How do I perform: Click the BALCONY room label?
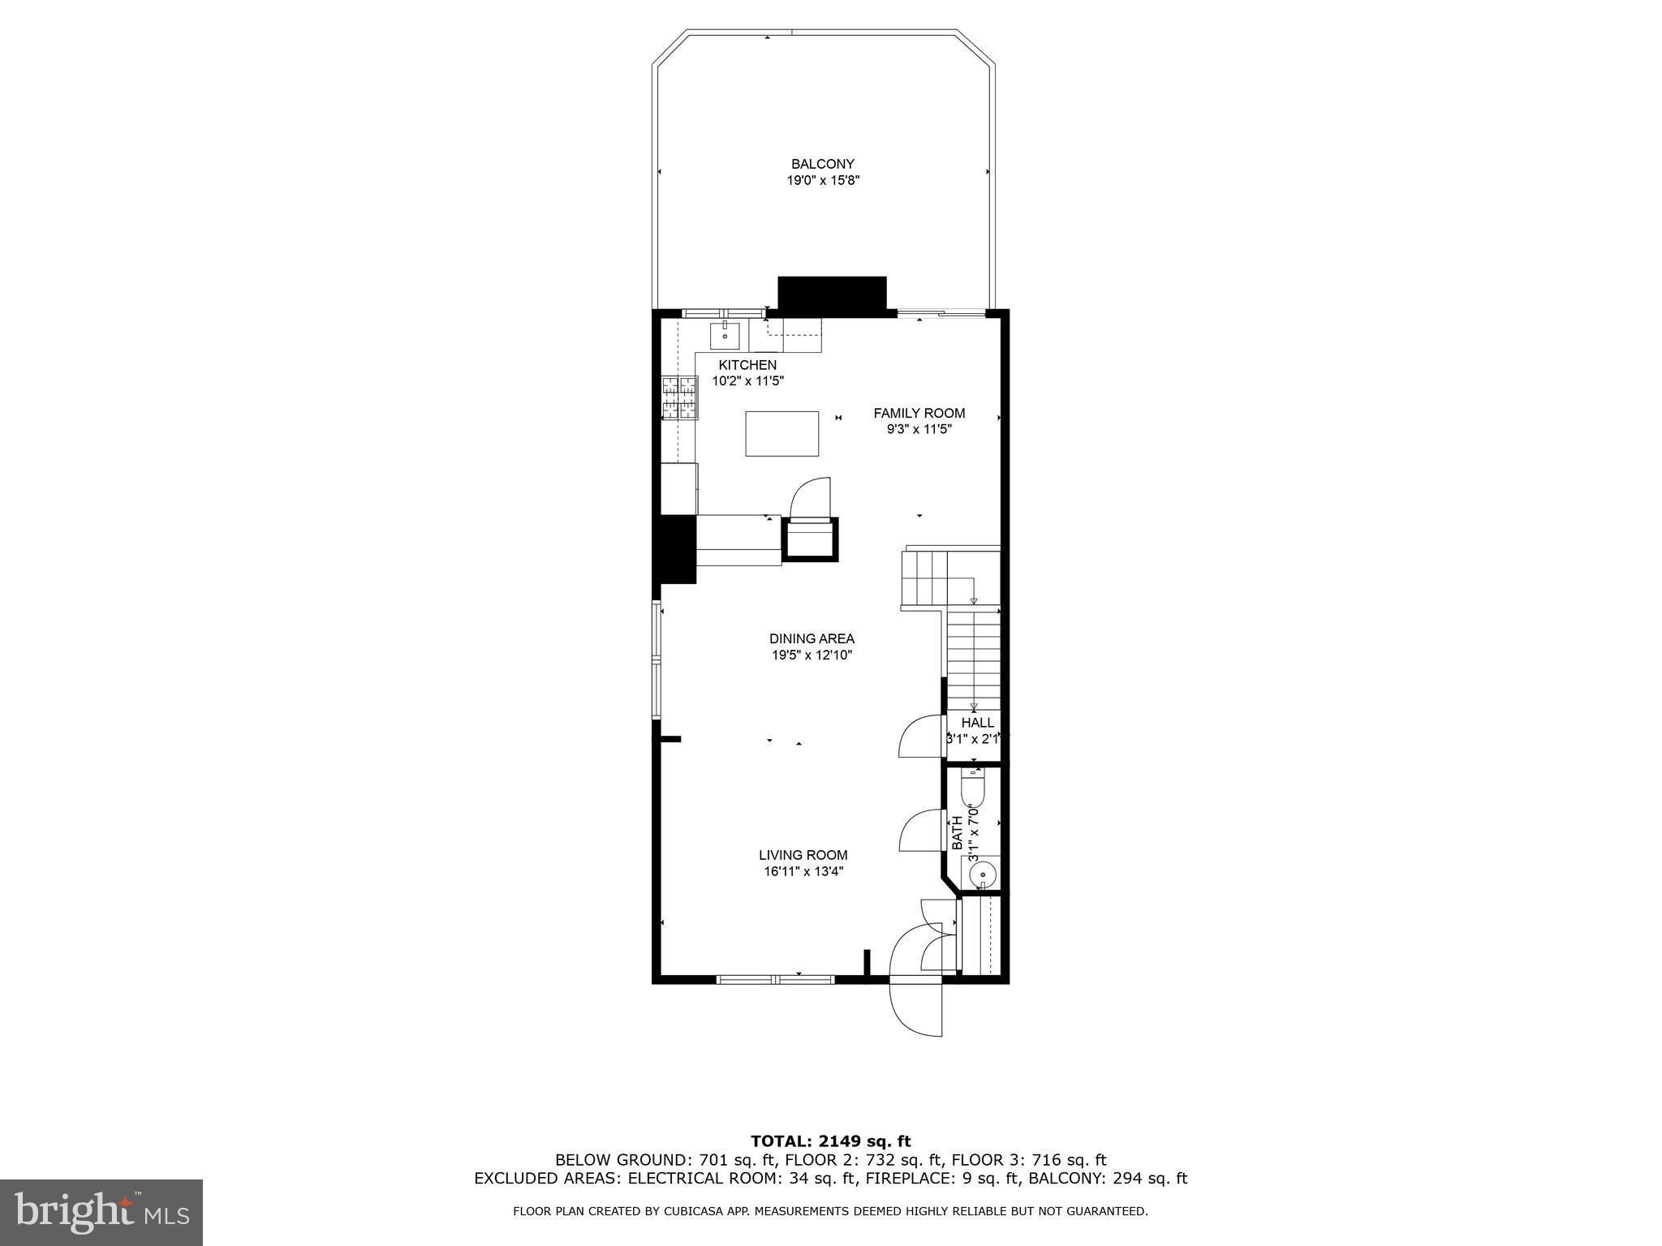822,164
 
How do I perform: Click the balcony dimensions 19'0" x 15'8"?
822,181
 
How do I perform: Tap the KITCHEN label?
747,365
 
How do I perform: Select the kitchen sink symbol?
725,334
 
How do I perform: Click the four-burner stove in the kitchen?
680,398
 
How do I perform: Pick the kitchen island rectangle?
781,434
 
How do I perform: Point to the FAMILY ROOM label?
919,413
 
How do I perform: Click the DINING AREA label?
812,639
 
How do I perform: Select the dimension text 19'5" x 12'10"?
812,655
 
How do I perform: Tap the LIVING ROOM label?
803,855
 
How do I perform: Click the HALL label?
977,723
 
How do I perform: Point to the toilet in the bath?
972,788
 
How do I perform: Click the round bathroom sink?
983,874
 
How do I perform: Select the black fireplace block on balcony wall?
831,296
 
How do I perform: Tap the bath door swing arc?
919,831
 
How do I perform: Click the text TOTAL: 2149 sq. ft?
830,1142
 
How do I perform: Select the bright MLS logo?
101,1214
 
